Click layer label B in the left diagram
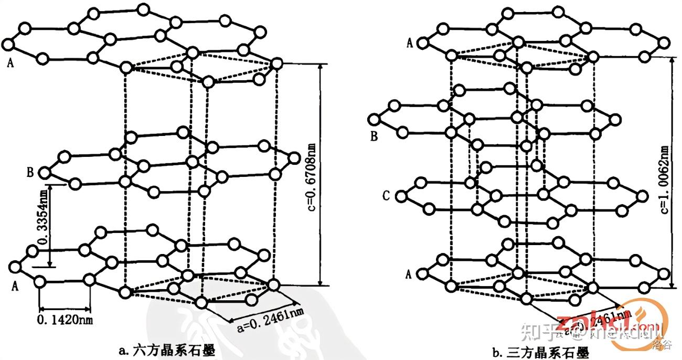pyautogui.click(x=30, y=172)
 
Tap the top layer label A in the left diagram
pyautogui.click(x=10, y=63)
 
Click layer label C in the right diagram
pyautogui.click(x=387, y=196)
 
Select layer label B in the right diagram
pyautogui.click(x=374, y=137)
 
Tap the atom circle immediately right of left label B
pyautogui.click(x=46, y=172)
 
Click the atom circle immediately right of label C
pyautogui.click(x=401, y=197)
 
